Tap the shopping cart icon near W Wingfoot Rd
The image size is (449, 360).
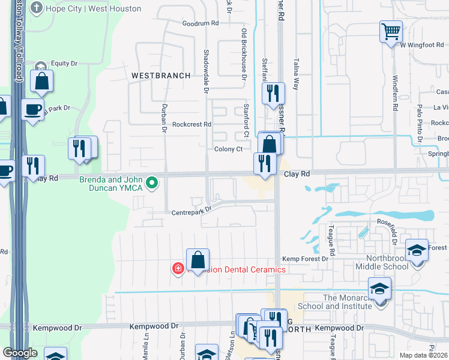[391, 31]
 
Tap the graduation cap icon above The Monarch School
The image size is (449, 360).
[379, 289]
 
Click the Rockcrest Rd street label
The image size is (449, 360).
[191, 125]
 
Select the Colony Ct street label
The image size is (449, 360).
[229, 149]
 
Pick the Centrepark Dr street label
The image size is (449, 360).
[191, 211]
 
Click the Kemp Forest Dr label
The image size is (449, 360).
[306, 259]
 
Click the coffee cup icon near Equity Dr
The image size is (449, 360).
[33, 110]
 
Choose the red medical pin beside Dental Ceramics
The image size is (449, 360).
[178, 268]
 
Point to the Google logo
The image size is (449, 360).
[20, 353]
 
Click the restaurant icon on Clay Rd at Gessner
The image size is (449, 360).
[264, 164]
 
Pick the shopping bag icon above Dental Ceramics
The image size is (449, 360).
[197, 260]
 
